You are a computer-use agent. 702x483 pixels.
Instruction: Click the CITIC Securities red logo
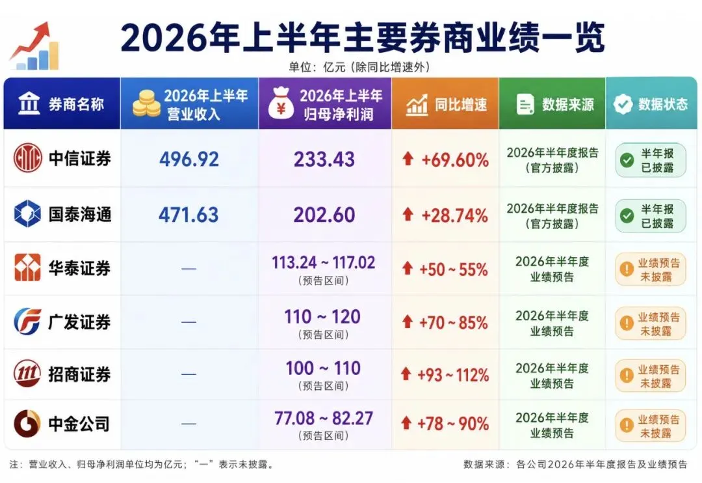coord(28,158)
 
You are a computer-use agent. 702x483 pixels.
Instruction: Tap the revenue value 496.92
coord(189,159)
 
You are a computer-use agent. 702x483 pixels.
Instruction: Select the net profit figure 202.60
coord(324,215)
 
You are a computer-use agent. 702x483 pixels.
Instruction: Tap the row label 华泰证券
coord(80,268)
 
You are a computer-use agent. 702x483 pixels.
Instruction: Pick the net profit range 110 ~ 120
coord(322,316)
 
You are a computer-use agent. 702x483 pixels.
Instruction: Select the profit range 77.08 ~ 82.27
coord(324,419)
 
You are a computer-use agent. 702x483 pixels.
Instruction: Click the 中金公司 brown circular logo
coord(27,423)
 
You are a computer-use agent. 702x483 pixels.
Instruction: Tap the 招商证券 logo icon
coord(27,373)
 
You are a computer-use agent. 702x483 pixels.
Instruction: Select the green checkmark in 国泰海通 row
coord(627,215)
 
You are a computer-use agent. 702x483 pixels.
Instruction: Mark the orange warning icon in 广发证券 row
coord(627,323)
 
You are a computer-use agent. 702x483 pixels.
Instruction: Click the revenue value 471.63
coord(188,215)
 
